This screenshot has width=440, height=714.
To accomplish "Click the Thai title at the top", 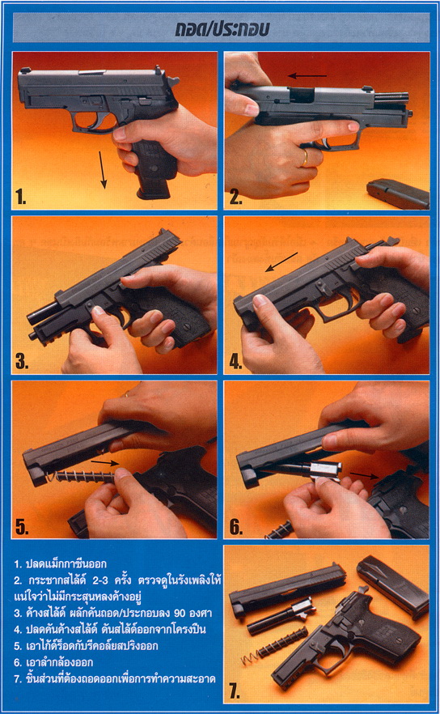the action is [222, 29].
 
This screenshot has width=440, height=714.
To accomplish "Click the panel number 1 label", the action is [20, 197].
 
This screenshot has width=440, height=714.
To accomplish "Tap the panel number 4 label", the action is [235, 362].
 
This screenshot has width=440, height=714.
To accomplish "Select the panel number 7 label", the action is [234, 691].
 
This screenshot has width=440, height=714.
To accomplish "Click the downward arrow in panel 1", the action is [103, 170].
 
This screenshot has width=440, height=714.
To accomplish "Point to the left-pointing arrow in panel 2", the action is [307, 75].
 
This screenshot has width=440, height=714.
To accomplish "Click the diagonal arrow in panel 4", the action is [281, 261].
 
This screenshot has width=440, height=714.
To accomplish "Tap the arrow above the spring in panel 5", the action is [105, 463].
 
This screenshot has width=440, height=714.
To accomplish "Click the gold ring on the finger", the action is [305, 158].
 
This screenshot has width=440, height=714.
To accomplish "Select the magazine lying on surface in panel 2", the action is [399, 193].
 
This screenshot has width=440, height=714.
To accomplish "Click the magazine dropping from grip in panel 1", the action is [154, 182].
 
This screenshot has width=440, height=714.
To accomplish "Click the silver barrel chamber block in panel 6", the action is [325, 469].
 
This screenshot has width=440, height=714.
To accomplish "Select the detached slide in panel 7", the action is [287, 589].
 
